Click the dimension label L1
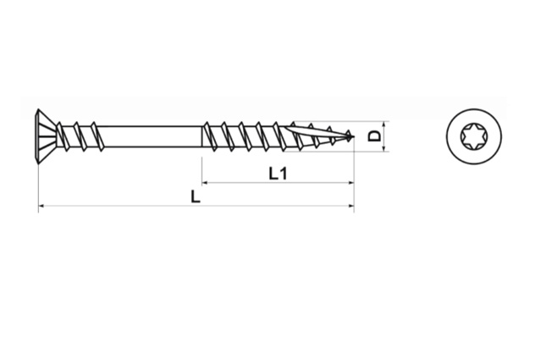click(x=278, y=174)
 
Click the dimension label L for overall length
click(x=196, y=197)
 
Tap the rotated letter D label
click(x=375, y=136)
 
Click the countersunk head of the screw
click(x=47, y=136)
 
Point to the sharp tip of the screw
click(x=353, y=137)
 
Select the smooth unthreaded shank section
click(x=152, y=136)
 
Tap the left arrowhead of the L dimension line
click(x=41, y=206)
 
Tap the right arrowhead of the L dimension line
click(x=351, y=206)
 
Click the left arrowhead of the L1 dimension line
click(x=205, y=182)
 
